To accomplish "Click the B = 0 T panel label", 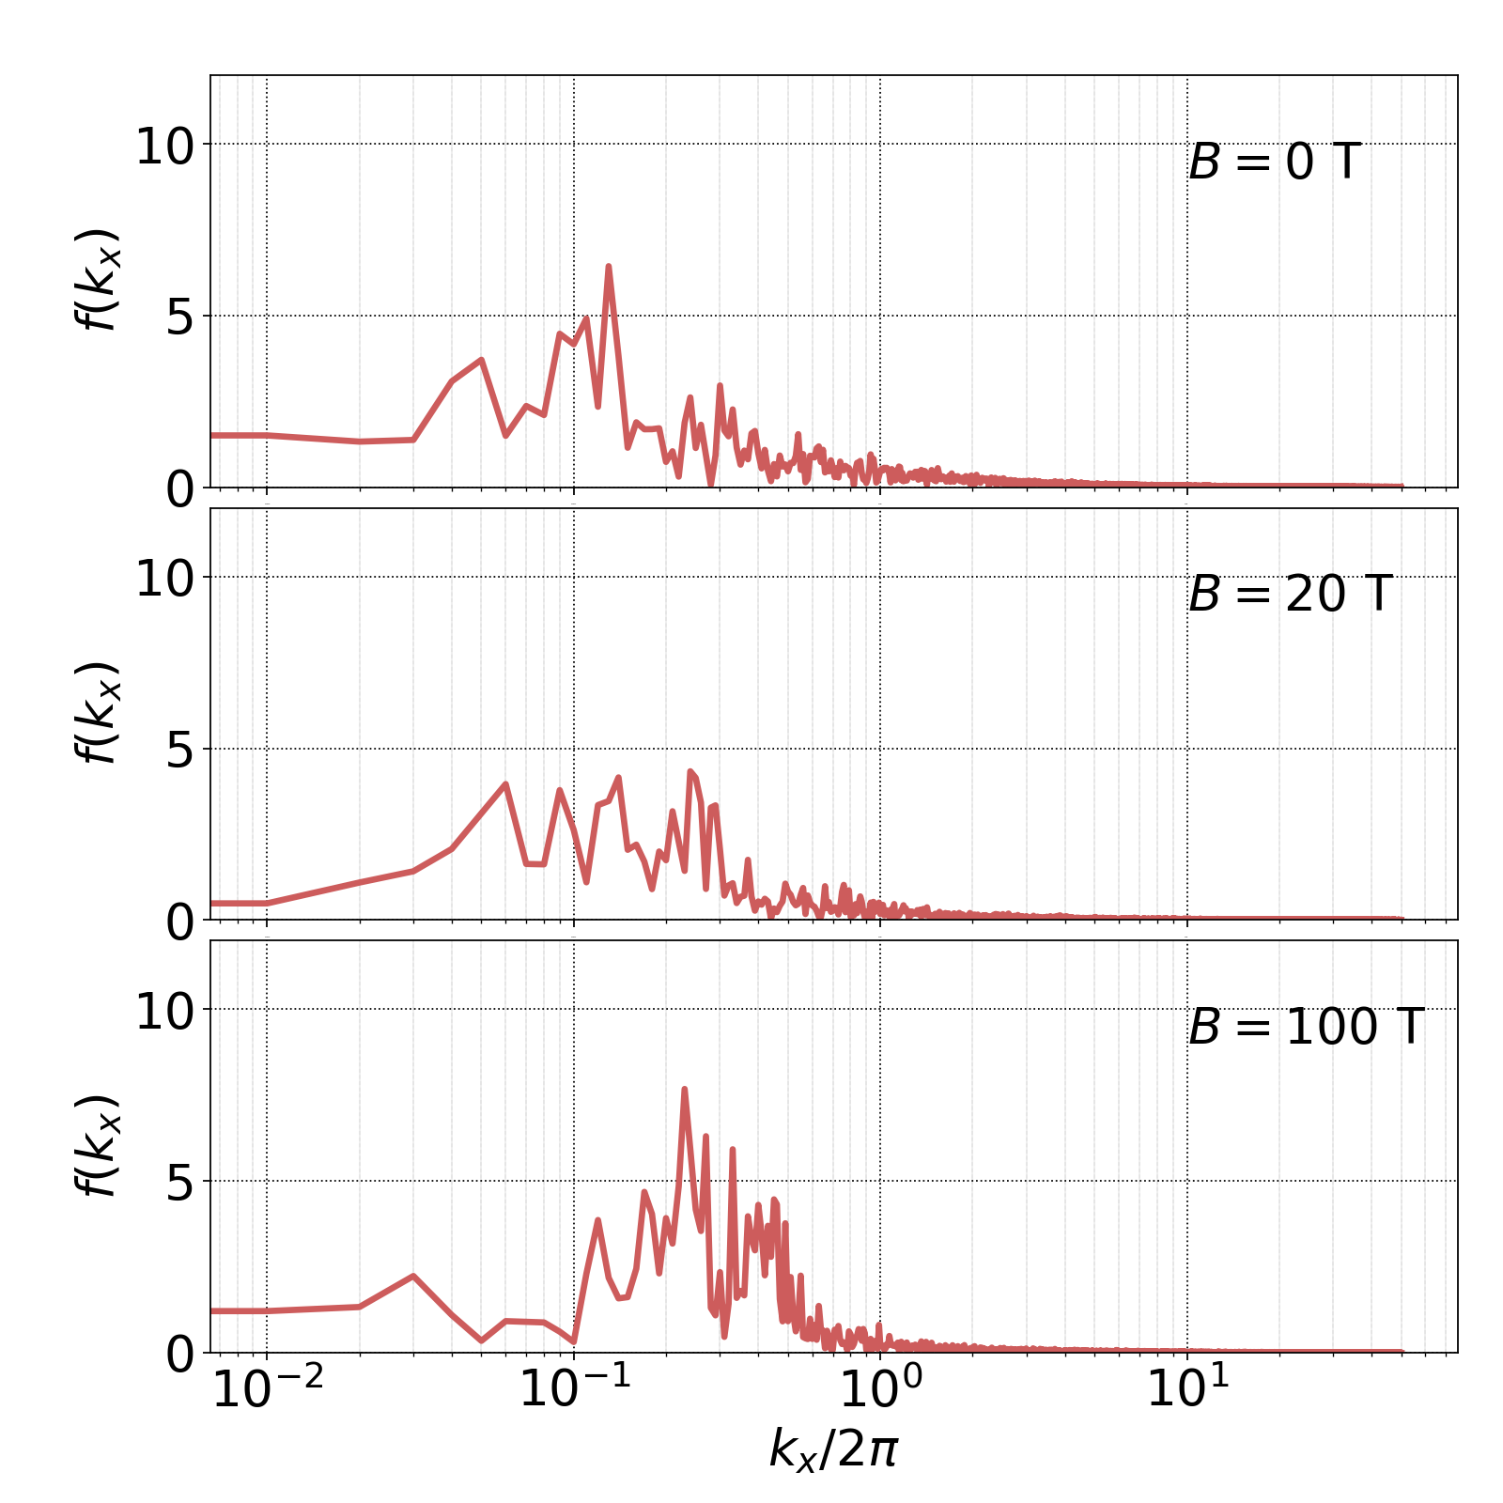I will tap(1274, 163).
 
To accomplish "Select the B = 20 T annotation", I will tap(1289, 595).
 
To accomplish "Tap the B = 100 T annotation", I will tap(1306, 1027).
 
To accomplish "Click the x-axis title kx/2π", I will tap(833, 1449).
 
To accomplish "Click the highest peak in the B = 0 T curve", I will tap(609, 267).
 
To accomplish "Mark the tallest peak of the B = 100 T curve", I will tap(685, 1089).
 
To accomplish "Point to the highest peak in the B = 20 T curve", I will tap(690, 771).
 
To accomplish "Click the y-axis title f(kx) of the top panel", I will tap(97, 280).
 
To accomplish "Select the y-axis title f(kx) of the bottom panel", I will tap(97, 1146).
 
